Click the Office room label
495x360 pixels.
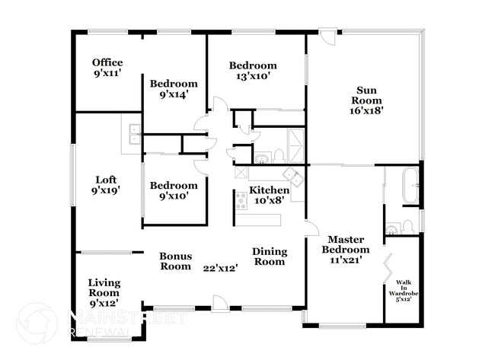tap(107, 62)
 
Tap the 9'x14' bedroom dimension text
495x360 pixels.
tap(174, 95)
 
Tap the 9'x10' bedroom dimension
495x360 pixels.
tap(174, 197)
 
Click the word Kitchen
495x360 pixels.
tap(270, 190)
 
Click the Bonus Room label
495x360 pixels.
tap(175, 261)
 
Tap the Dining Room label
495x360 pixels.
tap(270, 256)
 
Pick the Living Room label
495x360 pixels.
tap(104, 288)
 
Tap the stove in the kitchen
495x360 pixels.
tap(242, 201)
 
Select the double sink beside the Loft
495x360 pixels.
tap(133, 135)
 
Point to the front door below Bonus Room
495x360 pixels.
tap(219, 303)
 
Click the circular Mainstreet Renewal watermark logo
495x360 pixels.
tap(36, 323)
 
